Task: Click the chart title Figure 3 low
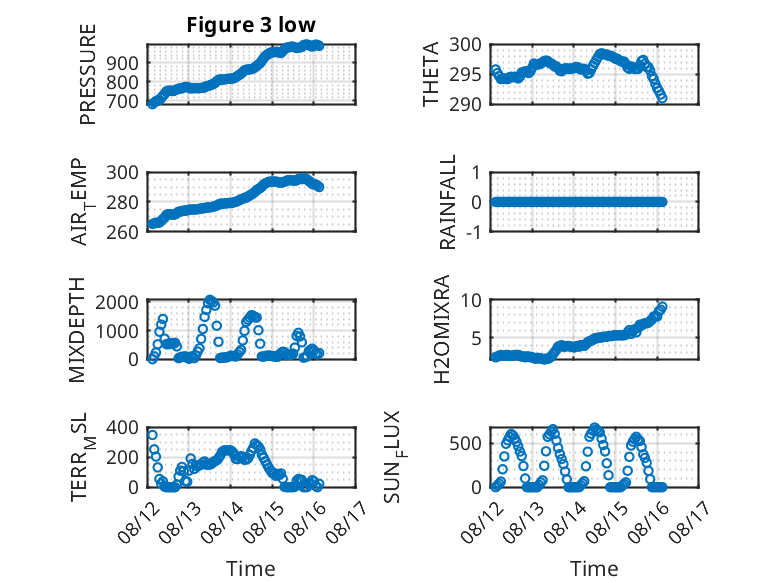251,25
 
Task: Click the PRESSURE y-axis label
87,74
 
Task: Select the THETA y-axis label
431,74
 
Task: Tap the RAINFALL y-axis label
448,202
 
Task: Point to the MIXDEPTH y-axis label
77,330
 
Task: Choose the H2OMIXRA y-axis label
441,329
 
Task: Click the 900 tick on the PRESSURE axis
122,64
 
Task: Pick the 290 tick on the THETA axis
465,105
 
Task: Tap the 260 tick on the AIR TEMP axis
122,232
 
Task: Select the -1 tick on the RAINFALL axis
474,232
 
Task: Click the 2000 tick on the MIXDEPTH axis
117,302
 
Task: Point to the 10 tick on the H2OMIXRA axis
471,300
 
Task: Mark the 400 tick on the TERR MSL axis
122,428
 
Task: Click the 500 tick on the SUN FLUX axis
465,444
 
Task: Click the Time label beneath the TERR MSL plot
251,569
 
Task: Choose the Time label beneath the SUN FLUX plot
594,569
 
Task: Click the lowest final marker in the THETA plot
662,98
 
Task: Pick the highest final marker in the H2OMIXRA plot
662,307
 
